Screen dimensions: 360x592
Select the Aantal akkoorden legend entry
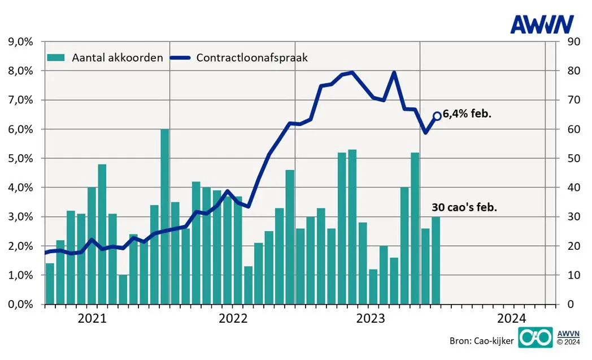[x=106, y=58]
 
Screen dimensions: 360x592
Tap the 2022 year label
[x=232, y=318]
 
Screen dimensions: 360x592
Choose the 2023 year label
[x=371, y=318]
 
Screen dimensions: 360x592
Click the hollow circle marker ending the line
[x=437, y=116]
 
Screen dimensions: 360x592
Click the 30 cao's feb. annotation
[x=464, y=207]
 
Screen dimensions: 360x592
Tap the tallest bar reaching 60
[x=165, y=217]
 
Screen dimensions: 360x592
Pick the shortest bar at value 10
[x=123, y=289]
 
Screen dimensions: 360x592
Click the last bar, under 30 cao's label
[x=436, y=261]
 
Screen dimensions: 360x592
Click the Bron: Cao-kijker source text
[x=481, y=341]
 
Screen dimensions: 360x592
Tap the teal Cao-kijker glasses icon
[x=534, y=337]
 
